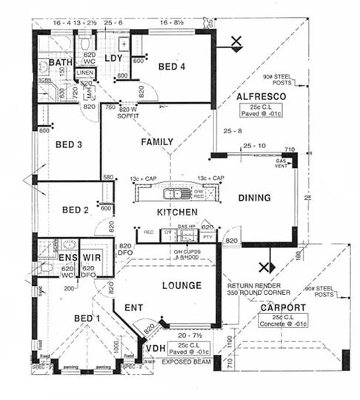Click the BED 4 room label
(x=171, y=67)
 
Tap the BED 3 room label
(x=69, y=144)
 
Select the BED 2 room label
(x=75, y=210)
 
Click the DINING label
(x=254, y=198)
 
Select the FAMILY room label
(x=157, y=141)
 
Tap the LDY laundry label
(x=113, y=59)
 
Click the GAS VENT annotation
(x=281, y=163)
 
